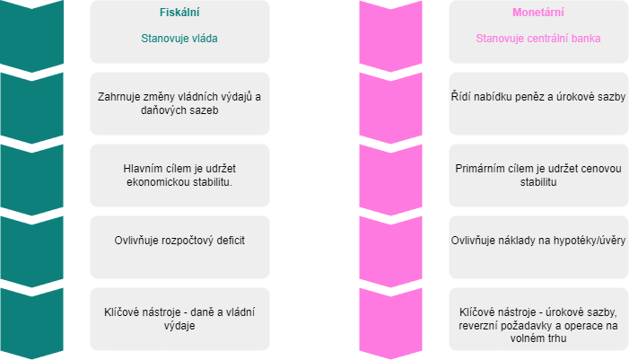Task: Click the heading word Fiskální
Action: point(179,14)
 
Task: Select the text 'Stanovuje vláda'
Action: point(179,39)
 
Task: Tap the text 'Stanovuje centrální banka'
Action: point(537,39)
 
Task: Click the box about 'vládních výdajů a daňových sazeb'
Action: point(179,103)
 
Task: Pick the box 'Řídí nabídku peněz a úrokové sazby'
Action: point(537,96)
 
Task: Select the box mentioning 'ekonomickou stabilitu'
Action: point(179,175)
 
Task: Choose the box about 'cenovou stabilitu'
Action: point(537,175)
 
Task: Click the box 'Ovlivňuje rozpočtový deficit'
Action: point(179,241)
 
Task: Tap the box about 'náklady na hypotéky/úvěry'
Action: point(537,241)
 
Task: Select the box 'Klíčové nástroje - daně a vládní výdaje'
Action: point(179,319)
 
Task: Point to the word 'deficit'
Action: point(229,241)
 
